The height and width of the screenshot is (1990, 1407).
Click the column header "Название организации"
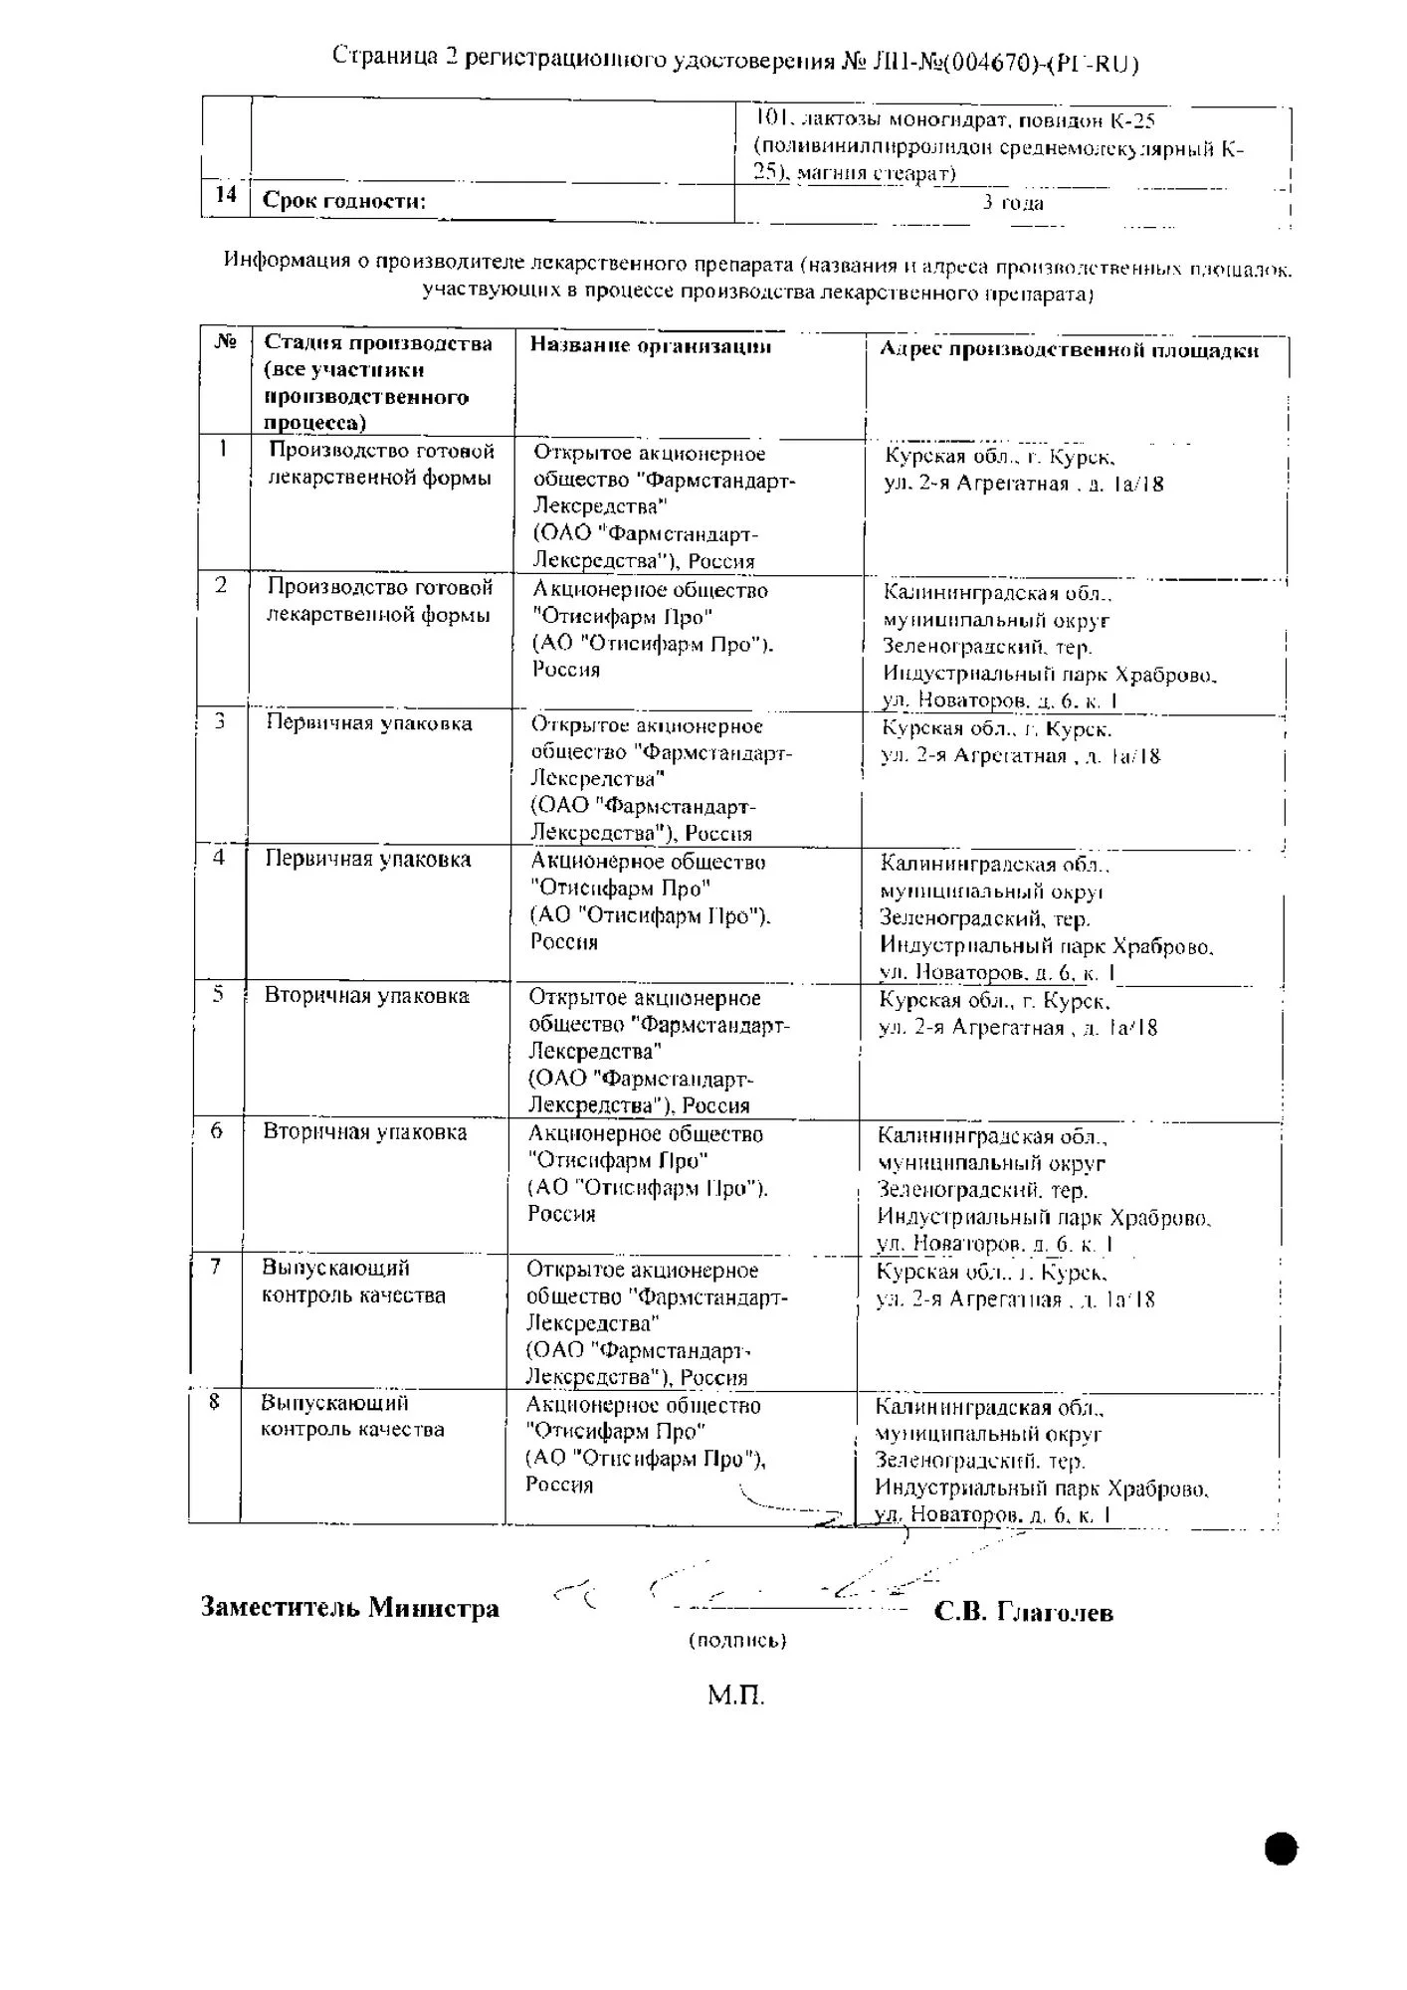[650, 346]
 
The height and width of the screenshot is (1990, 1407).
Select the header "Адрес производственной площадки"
[1069, 350]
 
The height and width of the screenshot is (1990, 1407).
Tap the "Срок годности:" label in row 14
[344, 201]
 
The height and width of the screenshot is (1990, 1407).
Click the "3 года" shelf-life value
[1013, 203]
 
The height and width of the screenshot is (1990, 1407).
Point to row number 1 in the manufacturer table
[223, 449]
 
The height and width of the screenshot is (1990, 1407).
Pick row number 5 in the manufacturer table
[218, 994]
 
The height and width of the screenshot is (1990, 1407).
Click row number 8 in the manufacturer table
[214, 1401]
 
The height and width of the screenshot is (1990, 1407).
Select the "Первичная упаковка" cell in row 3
[368, 723]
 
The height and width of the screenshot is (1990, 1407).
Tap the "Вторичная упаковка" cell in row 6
[364, 1131]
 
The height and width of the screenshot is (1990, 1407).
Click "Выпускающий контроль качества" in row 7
[353, 1282]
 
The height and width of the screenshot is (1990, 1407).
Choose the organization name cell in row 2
[651, 630]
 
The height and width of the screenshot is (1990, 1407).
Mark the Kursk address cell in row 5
[1017, 1015]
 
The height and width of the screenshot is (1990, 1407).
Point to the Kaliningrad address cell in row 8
[1041, 1461]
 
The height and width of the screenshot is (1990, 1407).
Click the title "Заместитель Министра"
[349, 1607]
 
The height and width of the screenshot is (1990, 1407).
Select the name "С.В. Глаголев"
[1023, 1612]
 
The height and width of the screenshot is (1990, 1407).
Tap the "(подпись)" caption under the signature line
[737, 1640]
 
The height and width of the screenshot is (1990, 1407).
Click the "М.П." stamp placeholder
[736, 1694]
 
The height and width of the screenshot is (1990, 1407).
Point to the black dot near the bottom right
[1282, 1849]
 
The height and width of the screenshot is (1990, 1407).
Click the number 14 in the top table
[226, 194]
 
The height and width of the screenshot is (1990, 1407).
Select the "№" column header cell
[226, 342]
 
